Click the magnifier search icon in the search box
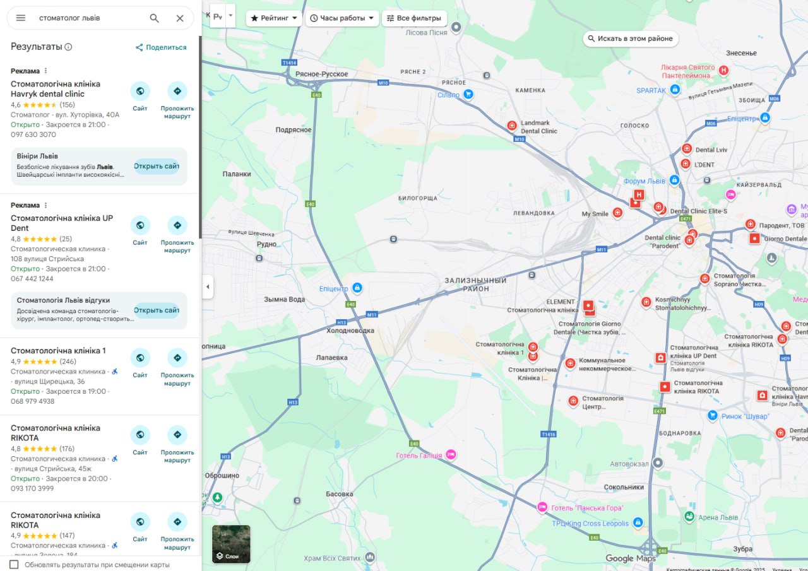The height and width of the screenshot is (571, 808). [x=154, y=18]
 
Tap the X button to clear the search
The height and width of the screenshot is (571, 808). [x=180, y=18]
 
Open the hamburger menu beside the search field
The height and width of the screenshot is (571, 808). [x=21, y=18]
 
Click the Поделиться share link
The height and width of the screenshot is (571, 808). [x=161, y=47]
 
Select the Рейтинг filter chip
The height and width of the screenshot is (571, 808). [x=274, y=18]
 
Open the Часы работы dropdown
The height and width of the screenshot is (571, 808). [x=342, y=18]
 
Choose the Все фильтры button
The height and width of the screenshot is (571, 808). [x=414, y=18]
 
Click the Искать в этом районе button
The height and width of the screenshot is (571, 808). [x=630, y=38]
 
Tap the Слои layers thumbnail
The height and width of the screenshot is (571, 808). [x=231, y=544]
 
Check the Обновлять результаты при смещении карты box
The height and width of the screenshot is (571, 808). [x=14, y=564]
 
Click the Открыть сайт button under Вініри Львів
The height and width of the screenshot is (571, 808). [x=156, y=167]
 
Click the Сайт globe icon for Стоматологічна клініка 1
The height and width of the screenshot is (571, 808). [x=140, y=358]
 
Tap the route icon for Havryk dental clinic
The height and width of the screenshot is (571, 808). [x=177, y=91]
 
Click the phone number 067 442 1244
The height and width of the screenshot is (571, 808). [x=32, y=279]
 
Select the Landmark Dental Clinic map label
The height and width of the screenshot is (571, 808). [x=538, y=127]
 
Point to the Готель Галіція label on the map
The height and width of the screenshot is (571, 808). [x=419, y=456]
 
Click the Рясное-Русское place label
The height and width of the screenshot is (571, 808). [x=322, y=74]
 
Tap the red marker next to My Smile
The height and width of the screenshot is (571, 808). [x=617, y=213]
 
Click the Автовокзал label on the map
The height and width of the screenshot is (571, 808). [x=629, y=464]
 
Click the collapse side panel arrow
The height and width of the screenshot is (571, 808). [x=208, y=286]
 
